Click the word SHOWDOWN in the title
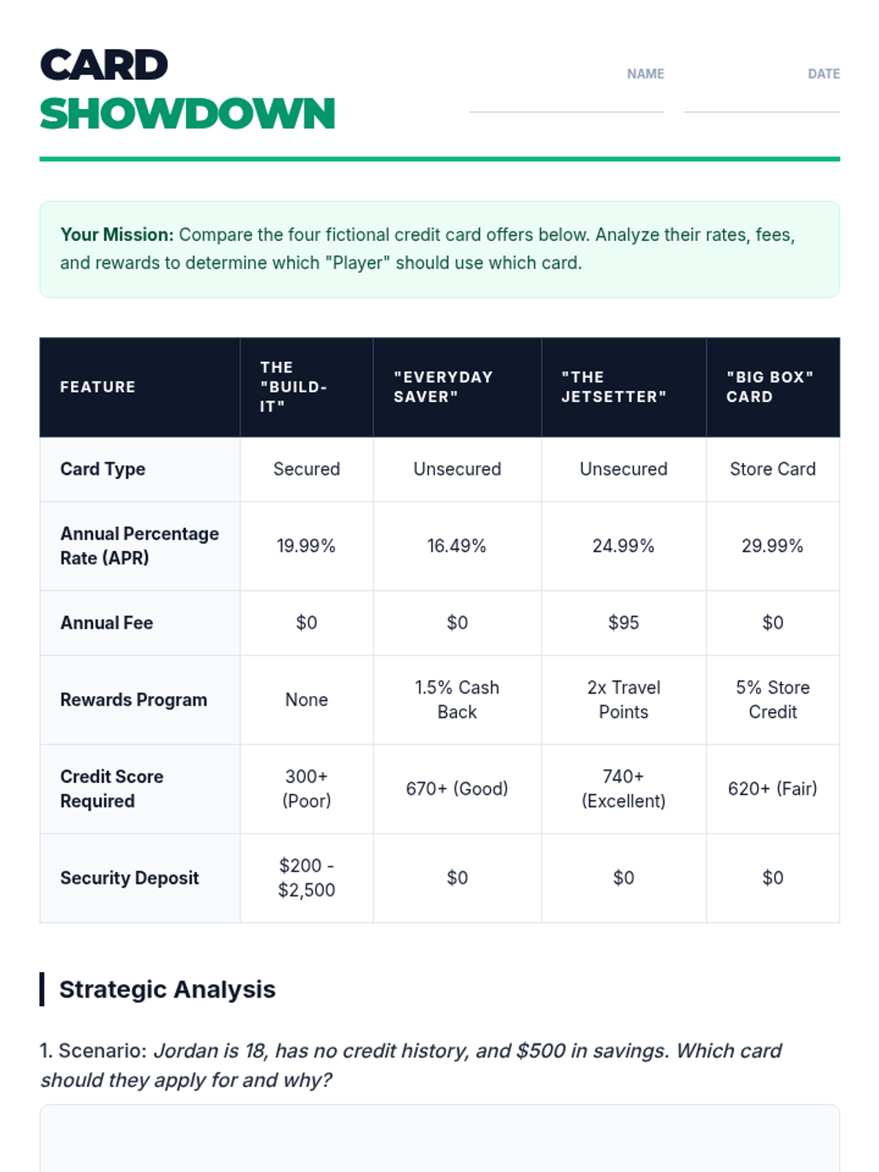click(188, 114)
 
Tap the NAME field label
click(645, 74)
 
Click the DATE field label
click(823, 74)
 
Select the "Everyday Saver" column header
click(443, 387)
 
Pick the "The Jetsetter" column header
click(614, 387)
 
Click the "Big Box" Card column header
click(770, 387)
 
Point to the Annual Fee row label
click(107, 623)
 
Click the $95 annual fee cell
click(623, 623)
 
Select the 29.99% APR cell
click(772, 546)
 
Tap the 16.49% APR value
click(456, 546)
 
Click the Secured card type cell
click(306, 469)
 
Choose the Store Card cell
click(772, 469)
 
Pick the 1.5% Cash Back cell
click(456, 700)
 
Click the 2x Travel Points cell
click(623, 700)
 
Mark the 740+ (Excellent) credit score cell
click(623, 789)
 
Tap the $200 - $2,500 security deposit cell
click(306, 878)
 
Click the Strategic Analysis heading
click(167, 990)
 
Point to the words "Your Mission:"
click(117, 235)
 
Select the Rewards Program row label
click(133, 700)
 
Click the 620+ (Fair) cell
click(772, 789)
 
